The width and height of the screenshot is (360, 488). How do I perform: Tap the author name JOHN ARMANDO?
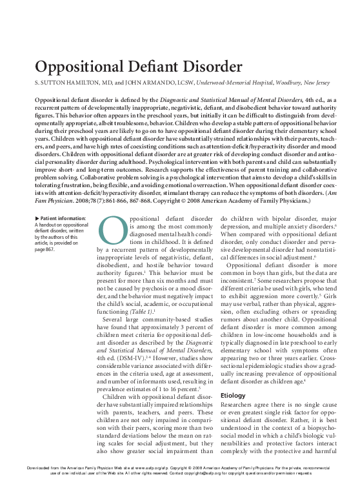pyautogui.click(x=155, y=84)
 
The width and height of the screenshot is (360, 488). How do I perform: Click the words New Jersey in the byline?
pyautogui.click(x=302, y=84)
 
